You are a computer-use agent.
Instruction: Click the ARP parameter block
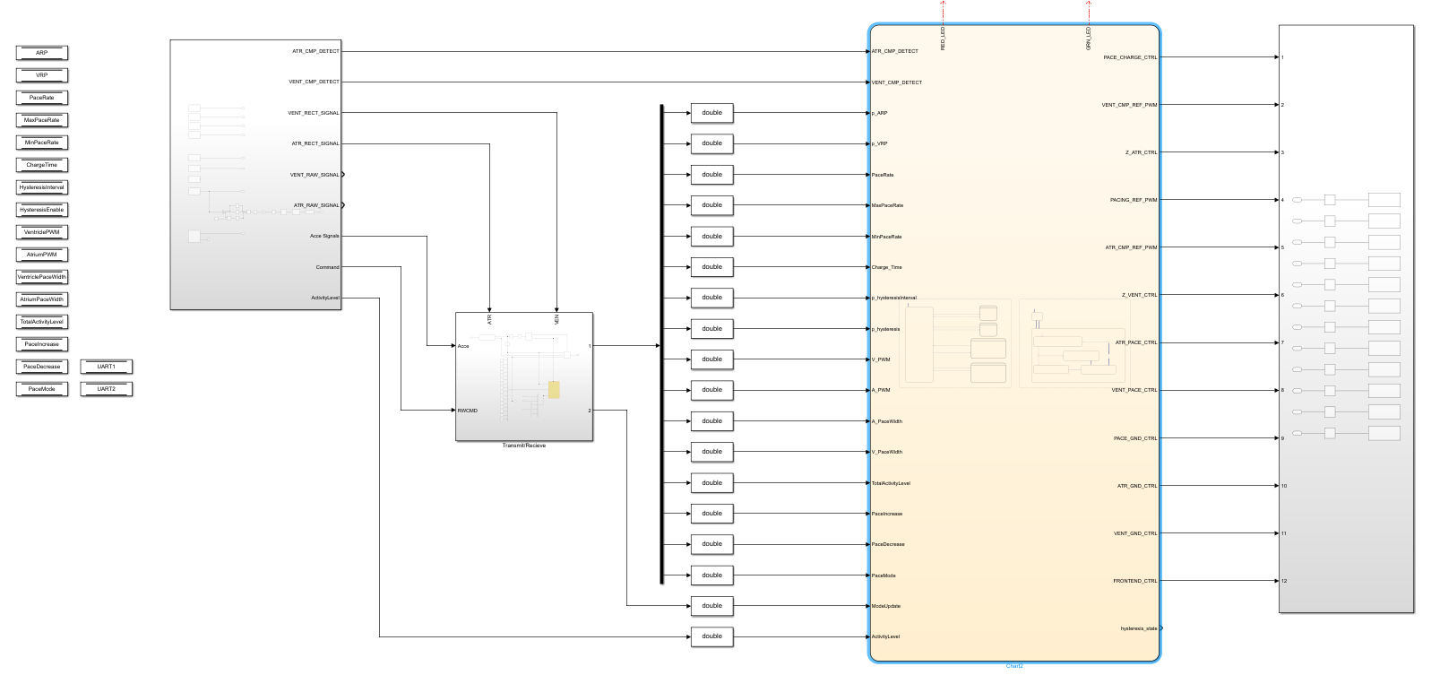[x=41, y=53]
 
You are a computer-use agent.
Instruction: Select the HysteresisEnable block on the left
[x=41, y=210]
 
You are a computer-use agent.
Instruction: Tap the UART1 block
[x=107, y=367]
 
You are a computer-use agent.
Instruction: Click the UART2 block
[x=107, y=389]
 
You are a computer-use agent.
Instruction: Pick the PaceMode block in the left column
[x=41, y=389]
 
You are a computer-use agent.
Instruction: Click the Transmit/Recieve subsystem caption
[x=523, y=446]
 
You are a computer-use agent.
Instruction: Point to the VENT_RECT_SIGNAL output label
[x=314, y=113]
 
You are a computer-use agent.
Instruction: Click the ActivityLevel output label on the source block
[x=324, y=298]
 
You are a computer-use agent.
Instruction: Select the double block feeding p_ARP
[x=711, y=113]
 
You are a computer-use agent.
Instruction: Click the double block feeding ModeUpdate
[x=711, y=606]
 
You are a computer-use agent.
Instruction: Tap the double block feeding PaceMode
[x=711, y=575]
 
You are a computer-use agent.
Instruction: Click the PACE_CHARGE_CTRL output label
[x=1130, y=57]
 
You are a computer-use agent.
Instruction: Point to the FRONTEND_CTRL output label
[x=1134, y=581]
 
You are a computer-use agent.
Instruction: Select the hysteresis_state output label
[x=1138, y=628]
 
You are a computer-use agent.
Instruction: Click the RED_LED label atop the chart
[x=943, y=39]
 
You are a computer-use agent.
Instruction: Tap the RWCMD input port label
[x=468, y=411]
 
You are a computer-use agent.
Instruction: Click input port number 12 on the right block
[x=1283, y=581]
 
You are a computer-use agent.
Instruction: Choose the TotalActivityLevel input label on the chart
[x=891, y=483]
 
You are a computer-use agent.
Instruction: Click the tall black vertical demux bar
[x=661, y=344]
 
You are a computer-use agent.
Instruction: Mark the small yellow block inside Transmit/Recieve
[x=554, y=390]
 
